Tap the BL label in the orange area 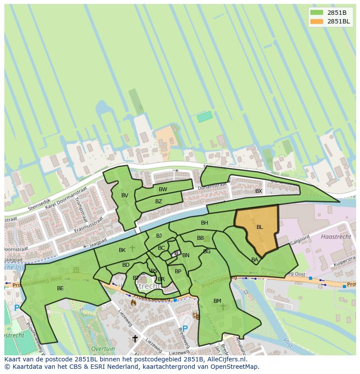click(260, 227)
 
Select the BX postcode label click(259, 191)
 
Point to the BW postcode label click(163, 189)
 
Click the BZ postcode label click(159, 202)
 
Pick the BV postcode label click(125, 195)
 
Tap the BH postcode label click(204, 223)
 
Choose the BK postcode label click(122, 250)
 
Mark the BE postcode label click(60, 288)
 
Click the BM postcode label click(217, 301)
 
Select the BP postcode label click(178, 271)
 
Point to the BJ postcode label click(159, 236)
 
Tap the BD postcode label click(126, 265)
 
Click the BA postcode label click(255, 260)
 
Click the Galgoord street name click(300, 240)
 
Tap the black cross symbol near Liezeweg click(135, 338)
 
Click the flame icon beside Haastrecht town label click(133, 302)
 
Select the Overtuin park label click(103, 349)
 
